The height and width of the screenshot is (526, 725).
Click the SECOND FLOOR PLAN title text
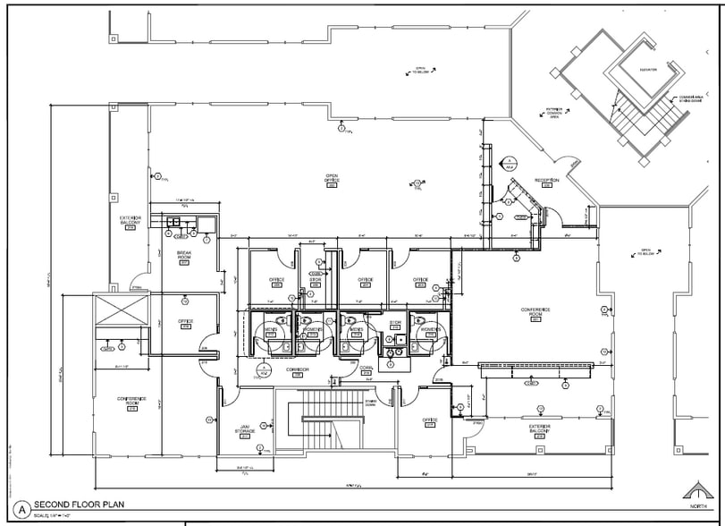coord(79,505)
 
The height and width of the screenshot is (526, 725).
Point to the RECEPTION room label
coord(546,180)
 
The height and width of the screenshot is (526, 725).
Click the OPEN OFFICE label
coord(332,178)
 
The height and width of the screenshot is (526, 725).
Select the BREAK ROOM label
coord(186,256)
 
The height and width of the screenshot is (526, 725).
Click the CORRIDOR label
coord(297,369)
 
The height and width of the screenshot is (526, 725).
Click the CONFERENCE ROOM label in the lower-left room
coord(131,402)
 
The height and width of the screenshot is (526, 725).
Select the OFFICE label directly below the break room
coord(186,321)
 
